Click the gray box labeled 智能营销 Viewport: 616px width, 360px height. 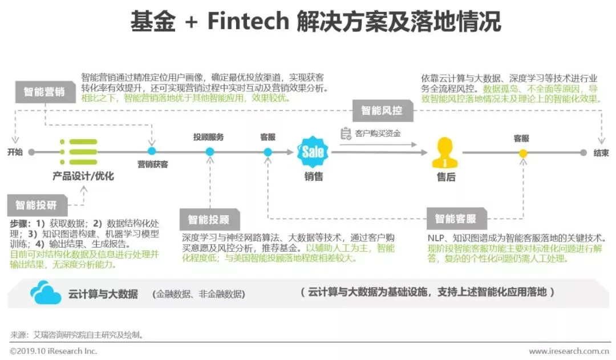tap(44, 91)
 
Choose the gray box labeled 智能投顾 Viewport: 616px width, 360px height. tap(209, 219)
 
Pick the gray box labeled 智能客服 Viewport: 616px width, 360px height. tap(455, 219)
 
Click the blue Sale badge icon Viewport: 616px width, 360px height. tap(313, 152)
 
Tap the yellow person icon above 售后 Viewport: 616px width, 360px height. tap(445, 152)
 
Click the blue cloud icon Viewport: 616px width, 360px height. tap(46, 293)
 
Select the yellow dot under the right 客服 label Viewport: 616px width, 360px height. tap(522, 153)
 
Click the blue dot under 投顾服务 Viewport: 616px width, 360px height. tap(209, 152)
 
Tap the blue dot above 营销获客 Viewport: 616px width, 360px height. tap(152, 151)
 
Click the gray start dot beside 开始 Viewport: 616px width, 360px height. tap(31, 152)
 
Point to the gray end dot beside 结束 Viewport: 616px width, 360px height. tap(583, 153)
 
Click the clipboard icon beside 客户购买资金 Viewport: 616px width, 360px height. tap(346, 134)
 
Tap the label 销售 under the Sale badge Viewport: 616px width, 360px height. tap(313, 177)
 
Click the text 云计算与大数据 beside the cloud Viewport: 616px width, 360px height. tap(103, 294)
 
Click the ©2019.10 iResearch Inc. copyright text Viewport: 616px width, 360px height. tap(54, 351)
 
